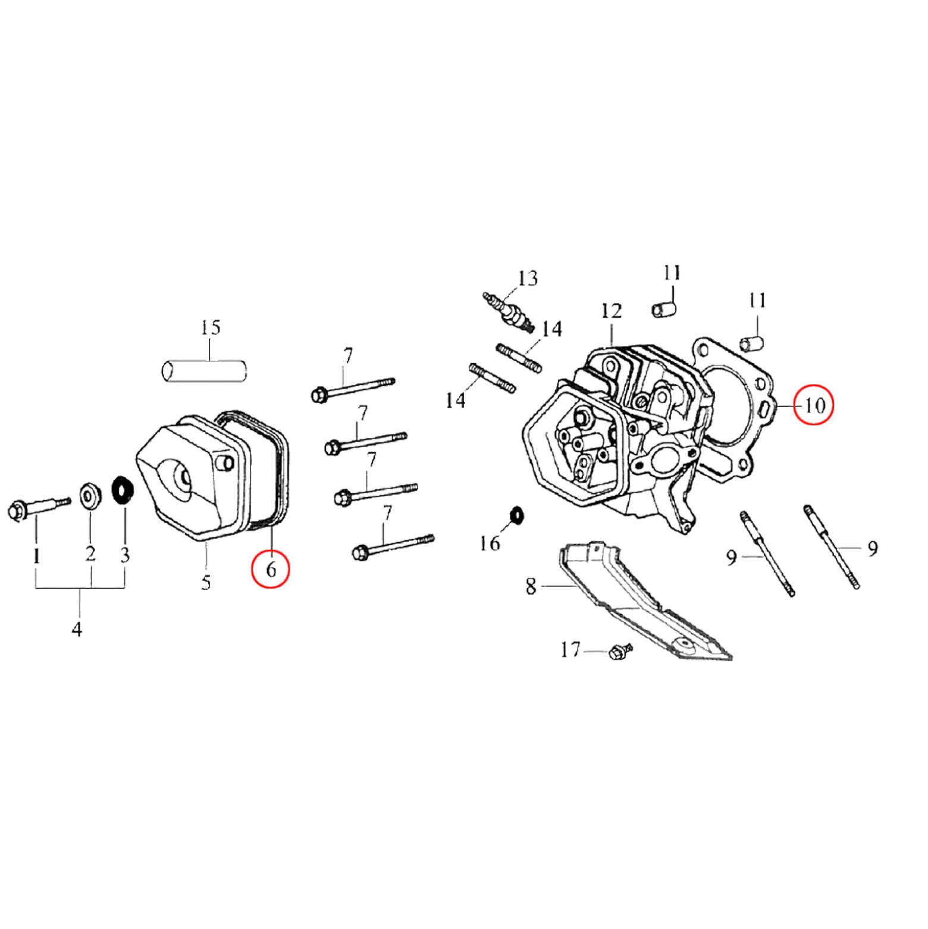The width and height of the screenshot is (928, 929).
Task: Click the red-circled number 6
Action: pyautogui.click(x=271, y=570)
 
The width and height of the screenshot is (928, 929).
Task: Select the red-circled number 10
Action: pyautogui.click(x=814, y=405)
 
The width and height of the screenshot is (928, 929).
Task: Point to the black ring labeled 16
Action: pyautogui.click(x=516, y=515)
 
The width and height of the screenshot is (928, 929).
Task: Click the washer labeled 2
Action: pyautogui.click(x=90, y=496)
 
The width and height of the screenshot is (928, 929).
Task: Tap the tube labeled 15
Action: pyautogui.click(x=204, y=371)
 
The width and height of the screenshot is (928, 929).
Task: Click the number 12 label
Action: pyautogui.click(x=611, y=311)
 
